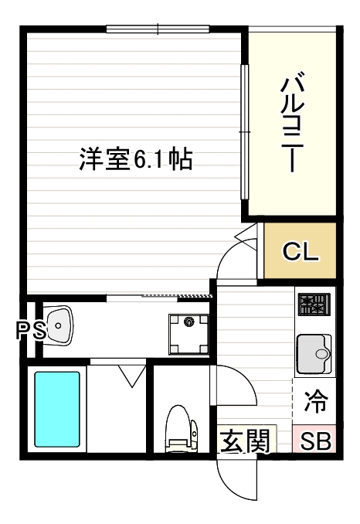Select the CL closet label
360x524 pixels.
click(x=300, y=251)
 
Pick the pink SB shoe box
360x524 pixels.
click(x=315, y=441)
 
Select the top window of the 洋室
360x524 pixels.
click(x=158, y=30)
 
